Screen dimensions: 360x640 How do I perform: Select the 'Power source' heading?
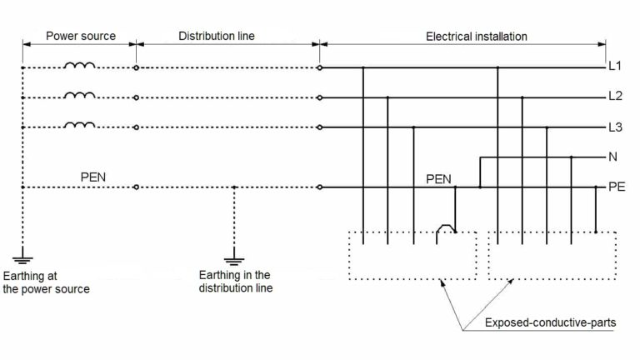(x=80, y=37)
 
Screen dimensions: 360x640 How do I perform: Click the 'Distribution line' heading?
(x=217, y=37)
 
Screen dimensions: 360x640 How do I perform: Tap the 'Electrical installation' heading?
(x=476, y=37)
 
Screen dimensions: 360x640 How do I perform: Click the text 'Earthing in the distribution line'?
(x=235, y=282)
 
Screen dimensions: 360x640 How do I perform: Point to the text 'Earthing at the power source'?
(x=47, y=282)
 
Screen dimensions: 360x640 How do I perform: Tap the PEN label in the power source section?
(x=92, y=177)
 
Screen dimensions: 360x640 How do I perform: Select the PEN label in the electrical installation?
(x=438, y=177)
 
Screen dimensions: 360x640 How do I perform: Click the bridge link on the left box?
(x=447, y=227)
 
